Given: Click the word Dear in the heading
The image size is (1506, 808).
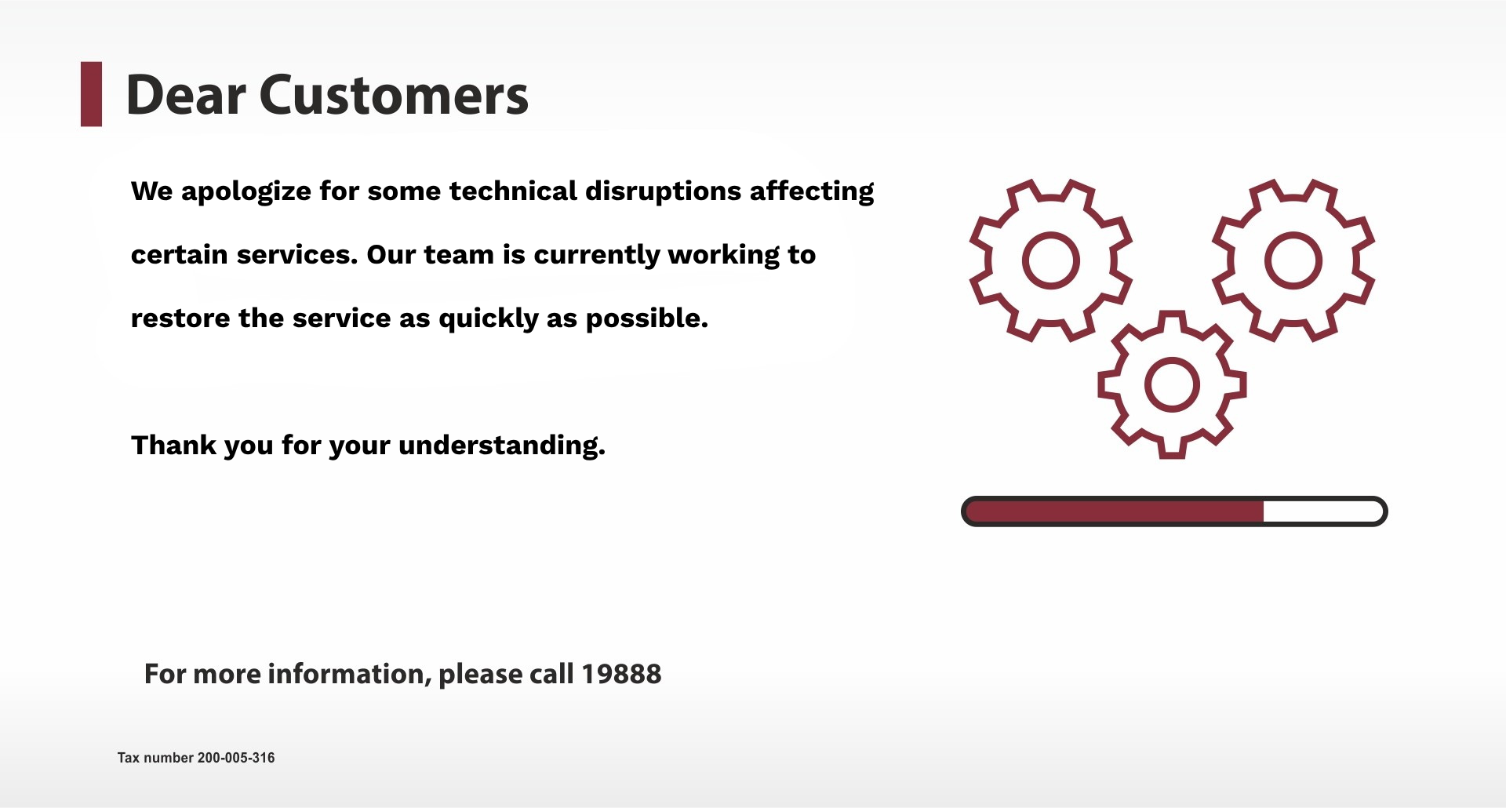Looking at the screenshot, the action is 186,95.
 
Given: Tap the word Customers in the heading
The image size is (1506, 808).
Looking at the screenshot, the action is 394,95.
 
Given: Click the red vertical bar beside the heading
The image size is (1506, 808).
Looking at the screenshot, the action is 91,94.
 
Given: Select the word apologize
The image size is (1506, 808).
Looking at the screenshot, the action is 246,191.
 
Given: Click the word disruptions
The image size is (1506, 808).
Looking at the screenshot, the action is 664,191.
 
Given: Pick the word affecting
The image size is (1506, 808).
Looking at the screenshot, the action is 812,191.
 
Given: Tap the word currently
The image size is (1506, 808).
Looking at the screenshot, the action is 597,255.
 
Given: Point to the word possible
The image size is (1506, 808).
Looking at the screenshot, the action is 647,318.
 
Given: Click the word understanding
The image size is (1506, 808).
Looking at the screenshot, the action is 502,446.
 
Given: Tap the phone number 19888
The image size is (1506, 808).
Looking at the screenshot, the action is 621,674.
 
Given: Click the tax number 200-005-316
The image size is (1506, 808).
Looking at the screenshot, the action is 236,758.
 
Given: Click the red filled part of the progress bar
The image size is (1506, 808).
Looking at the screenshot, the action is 1115,511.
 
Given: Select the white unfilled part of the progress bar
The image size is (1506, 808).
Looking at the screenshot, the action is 1322,511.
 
